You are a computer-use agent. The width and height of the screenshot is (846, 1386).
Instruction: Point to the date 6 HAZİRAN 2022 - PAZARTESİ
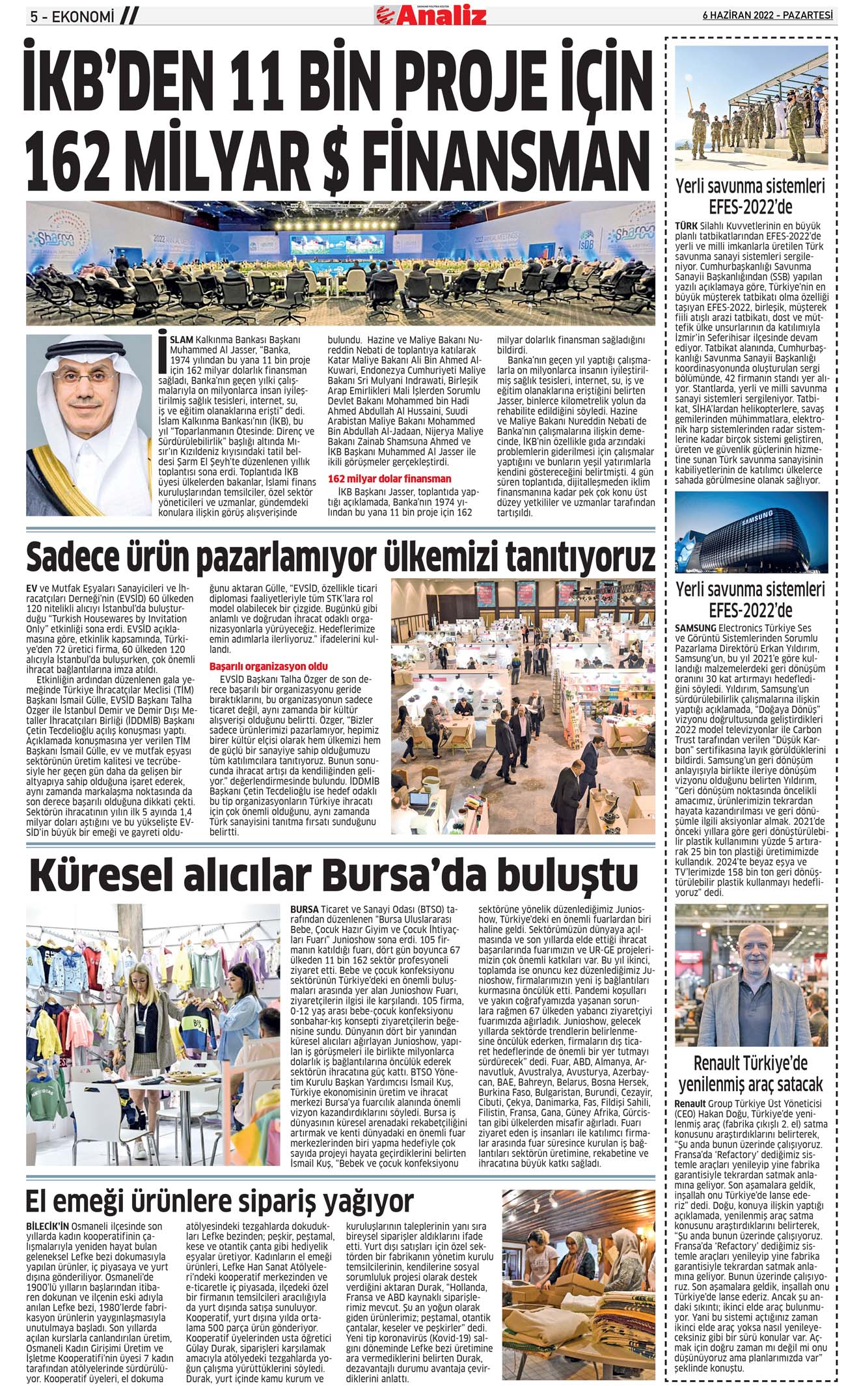(x=767, y=15)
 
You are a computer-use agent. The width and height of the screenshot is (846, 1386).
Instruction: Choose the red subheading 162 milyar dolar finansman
(x=389, y=478)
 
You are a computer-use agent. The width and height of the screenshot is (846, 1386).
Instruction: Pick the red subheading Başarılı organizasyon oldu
(x=268, y=667)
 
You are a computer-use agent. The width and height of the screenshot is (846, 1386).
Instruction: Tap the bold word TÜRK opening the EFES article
(x=686, y=225)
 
